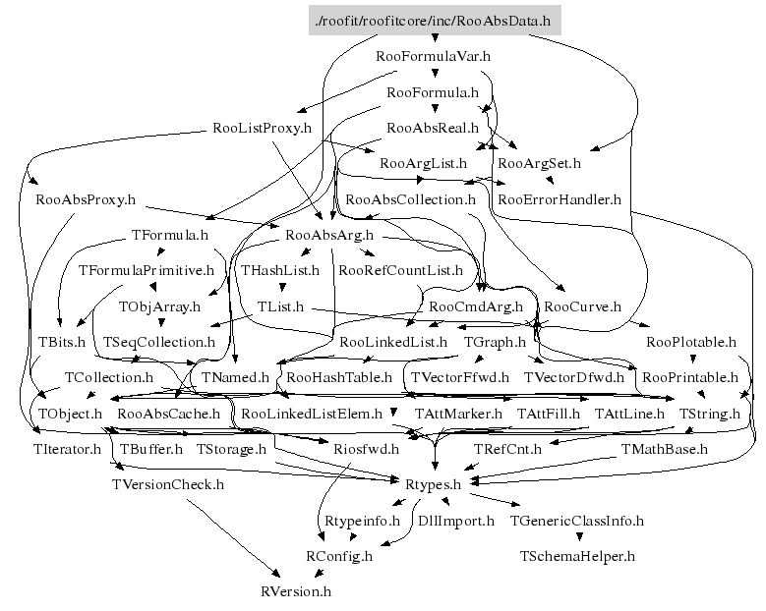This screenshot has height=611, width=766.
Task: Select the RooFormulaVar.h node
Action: click(434, 56)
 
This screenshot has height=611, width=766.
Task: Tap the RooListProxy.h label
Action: click(262, 128)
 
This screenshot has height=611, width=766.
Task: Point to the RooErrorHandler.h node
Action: click(560, 199)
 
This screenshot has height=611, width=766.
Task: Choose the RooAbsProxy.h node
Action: click(85, 199)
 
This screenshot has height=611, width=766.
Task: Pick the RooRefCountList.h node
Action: click(399, 269)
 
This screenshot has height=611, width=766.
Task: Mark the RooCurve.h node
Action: click(582, 306)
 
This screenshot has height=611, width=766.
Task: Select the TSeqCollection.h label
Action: click(159, 342)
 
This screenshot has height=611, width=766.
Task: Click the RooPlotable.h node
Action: click(691, 342)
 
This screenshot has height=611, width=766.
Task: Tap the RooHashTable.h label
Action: click(338, 377)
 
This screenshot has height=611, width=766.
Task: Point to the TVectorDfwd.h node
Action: click(574, 377)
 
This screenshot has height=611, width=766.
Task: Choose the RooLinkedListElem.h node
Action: click(313, 414)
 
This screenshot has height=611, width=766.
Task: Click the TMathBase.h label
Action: click(664, 449)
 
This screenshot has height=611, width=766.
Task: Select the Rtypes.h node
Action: click(434, 484)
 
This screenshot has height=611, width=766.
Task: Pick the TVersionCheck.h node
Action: click(168, 484)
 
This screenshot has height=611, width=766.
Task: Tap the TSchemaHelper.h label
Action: click(577, 556)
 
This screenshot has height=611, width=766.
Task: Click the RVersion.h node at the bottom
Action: click(296, 591)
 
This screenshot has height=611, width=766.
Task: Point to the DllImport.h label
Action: click(456, 521)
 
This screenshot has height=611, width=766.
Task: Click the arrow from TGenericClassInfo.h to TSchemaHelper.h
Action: click(577, 537)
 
